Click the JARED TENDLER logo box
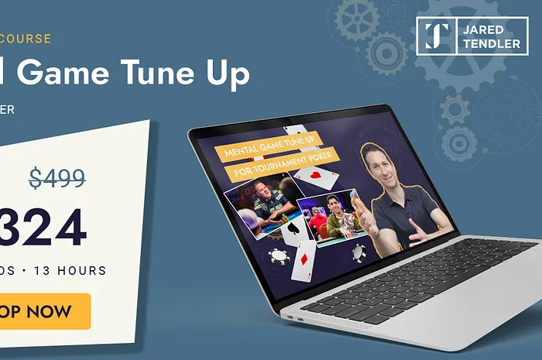[472, 36]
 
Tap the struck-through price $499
[57, 178]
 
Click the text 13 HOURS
[69, 271]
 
